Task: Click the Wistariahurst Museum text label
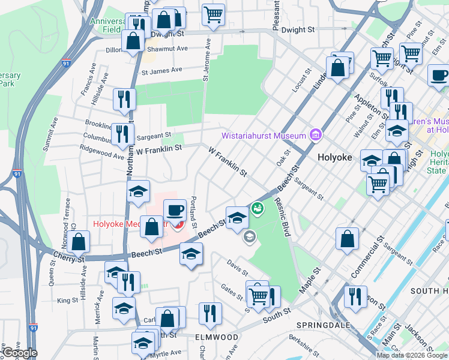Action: [264, 136]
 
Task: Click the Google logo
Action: [19, 353]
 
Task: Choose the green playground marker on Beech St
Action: [258, 208]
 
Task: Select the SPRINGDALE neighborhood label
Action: [316, 325]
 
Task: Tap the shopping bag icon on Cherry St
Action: [79, 242]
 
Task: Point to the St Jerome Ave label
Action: [206, 60]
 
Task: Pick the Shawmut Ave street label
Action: [170, 49]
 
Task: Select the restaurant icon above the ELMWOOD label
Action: [210, 313]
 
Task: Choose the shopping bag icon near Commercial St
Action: [347, 239]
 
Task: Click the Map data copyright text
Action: [412, 355]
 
